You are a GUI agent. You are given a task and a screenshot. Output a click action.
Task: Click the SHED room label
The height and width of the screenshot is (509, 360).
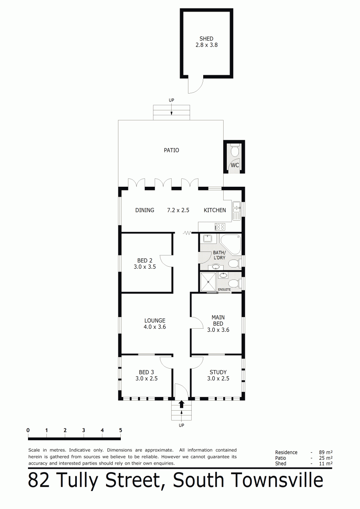point(206,39)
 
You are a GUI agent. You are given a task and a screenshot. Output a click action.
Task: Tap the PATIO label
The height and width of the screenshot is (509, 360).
point(171,150)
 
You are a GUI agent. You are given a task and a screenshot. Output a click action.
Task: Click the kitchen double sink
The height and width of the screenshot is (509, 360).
point(237,211)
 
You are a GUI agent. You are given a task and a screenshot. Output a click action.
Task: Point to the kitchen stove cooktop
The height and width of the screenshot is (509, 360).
point(220,227)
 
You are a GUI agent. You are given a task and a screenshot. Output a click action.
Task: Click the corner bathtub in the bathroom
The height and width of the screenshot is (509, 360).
point(231,244)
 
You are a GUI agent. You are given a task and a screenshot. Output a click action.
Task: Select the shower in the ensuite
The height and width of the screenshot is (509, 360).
point(208,282)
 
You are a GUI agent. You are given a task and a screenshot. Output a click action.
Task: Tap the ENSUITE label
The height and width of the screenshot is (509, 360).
point(224,289)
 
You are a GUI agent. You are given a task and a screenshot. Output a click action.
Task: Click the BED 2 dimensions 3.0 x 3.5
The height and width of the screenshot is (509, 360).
point(145,267)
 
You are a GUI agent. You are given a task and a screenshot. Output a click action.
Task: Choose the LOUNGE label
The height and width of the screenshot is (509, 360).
point(155,320)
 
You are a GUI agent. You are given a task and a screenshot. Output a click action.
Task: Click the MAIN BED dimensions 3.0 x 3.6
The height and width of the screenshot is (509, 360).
point(218,330)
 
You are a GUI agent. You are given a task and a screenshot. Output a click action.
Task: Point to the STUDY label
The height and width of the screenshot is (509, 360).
point(218,372)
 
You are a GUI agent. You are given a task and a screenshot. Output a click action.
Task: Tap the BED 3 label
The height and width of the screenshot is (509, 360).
point(146,372)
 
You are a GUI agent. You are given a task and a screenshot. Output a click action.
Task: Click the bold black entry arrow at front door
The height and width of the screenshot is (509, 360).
point(181,404)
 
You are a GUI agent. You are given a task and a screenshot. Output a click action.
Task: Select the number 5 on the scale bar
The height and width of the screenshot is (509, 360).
point(120,430)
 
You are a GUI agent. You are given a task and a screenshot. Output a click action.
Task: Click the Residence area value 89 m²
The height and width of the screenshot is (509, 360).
point(326,452)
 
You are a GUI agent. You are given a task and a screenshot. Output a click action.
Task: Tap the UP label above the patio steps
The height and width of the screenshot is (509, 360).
point(171,100)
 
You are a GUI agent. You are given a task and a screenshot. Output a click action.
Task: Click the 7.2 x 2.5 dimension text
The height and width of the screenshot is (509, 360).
point(178,210)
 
